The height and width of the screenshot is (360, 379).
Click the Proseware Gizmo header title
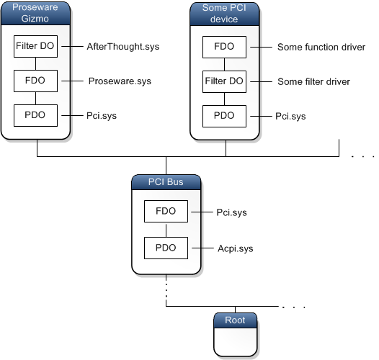click(36, 12)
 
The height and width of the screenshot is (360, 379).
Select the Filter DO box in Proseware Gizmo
click(36, 47)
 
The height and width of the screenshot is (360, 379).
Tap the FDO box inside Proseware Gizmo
click(36, 81)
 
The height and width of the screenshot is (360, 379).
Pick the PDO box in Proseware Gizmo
click(36, 114)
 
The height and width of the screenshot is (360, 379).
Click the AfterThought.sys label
click(122, 47)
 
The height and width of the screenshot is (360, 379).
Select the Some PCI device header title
click(225, 12)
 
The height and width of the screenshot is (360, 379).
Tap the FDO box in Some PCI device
click(225, 47)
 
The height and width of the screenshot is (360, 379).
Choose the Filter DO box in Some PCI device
click(225, 81)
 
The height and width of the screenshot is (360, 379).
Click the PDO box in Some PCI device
click(225, 114)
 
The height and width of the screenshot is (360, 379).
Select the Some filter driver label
click(313, 81)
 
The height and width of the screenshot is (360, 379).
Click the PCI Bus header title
click(166, 181)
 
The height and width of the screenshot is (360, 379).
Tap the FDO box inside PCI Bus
click(166, 212)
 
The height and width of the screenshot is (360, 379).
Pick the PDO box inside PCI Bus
click(166, 248)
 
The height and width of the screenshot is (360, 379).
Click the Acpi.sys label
click(235, 248)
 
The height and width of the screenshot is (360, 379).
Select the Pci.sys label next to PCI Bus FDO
click(231, 212)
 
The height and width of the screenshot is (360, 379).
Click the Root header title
click(236, 318)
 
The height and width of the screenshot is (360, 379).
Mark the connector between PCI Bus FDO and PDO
click(166, 230)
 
